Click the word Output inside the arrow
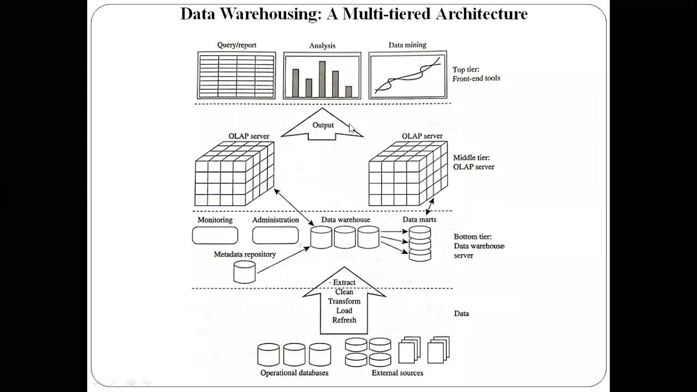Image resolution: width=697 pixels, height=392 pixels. (323, 125)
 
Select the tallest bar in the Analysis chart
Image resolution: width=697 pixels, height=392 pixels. (322, 79)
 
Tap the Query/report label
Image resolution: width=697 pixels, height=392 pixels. (236, 46)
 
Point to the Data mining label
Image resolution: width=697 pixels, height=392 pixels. (407, 45)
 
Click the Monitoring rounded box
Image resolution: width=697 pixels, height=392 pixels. (215, 235)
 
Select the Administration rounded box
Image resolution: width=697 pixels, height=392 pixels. (275, 235)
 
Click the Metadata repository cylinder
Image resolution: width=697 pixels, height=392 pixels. (244, 272)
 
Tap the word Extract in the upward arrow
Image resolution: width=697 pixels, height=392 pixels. (344, 283)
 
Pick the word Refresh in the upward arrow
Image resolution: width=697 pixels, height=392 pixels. (344, 320)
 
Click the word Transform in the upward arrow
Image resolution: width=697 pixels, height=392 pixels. (344, 301)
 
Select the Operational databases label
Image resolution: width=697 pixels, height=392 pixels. (294, 373)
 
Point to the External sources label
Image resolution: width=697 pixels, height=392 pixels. (397, 373)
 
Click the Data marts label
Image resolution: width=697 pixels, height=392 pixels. (419, 219)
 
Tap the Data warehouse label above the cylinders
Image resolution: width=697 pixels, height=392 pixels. (345, 219)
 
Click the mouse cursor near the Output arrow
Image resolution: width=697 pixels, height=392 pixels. (352, 129)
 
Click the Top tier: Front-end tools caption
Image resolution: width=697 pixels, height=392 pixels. (476, 74)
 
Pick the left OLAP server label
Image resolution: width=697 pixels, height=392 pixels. (249, 136)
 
